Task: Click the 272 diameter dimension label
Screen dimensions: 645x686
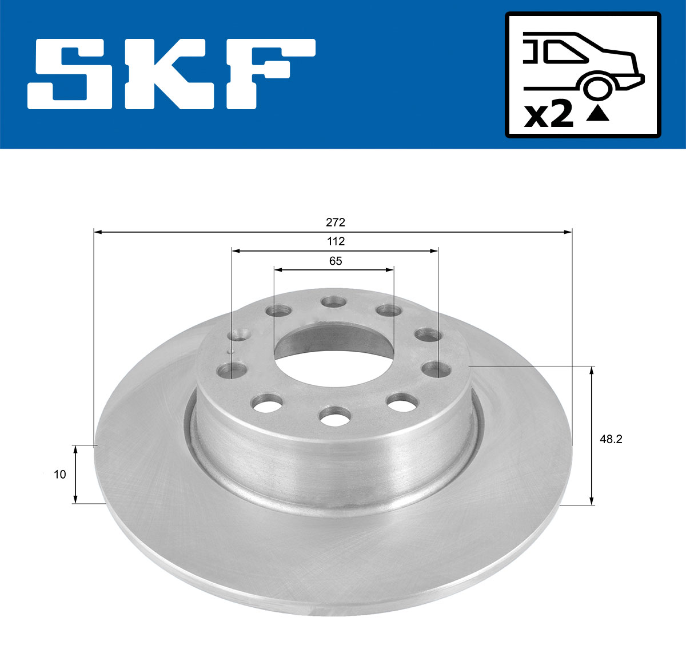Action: (336, 222)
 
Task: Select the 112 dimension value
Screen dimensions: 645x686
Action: (336, 241)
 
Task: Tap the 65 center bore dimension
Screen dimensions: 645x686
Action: (336, 261)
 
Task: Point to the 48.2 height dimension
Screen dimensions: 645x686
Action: (611, 439)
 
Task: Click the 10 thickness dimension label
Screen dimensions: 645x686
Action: (60, 475)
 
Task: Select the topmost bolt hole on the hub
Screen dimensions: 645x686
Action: (334, 302)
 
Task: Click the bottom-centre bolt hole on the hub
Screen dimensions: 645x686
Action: (335, 416)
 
